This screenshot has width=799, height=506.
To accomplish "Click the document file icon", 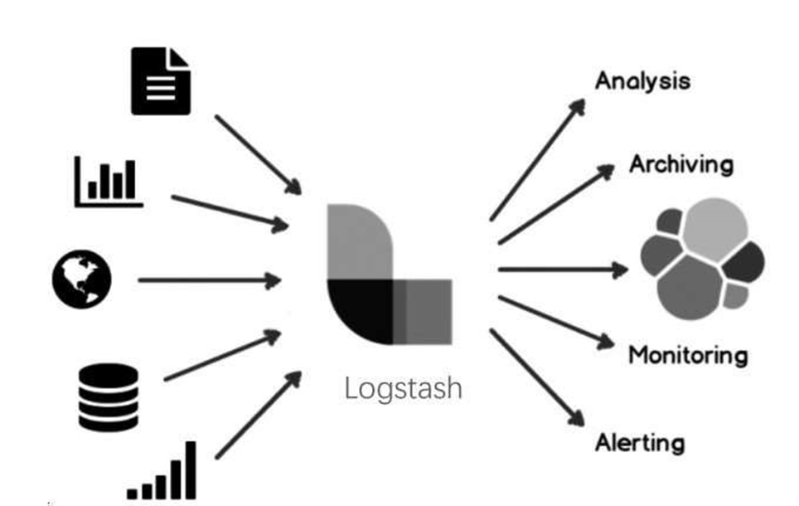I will point(161,80).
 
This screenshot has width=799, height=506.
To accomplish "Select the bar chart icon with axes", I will point(109,180).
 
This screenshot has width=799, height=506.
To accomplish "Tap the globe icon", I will point(81,279).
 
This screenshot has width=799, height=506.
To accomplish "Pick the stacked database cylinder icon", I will point(108,397).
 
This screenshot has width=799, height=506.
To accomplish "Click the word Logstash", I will point(403,388).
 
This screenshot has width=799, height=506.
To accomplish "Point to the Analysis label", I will point(642,81).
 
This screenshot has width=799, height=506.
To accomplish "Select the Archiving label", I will point(681,163).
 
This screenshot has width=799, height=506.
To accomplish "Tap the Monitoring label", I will point(688,356).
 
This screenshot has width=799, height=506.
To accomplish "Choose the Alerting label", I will point(640,442).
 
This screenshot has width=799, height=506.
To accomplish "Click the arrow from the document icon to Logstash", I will point(258,153).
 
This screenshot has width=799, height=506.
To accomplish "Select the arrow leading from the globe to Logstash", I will point(209,280).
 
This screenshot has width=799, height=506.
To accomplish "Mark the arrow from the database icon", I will point(222,356).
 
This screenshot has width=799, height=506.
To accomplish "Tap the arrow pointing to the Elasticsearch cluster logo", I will point(562,269).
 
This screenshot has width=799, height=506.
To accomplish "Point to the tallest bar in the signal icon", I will point(191,470).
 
